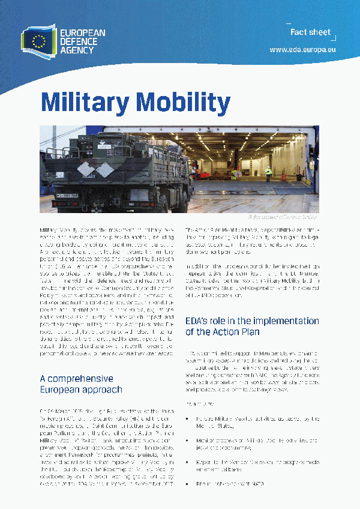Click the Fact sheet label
[x=310, y=32]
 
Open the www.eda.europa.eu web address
[x=302, y=50]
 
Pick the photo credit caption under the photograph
[x=281, y=216]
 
